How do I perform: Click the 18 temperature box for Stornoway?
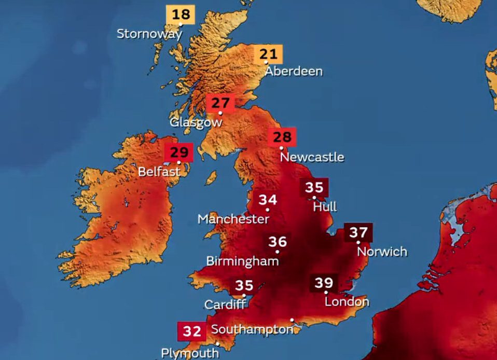[x=180, y=14]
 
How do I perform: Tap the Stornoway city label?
[x=149, y=34]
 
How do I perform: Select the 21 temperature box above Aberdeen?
[x=268, y=53]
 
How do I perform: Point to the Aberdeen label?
[x=294, y=72]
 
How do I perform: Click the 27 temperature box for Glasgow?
[x=220, y=103]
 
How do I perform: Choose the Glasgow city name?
[x=196, y=123]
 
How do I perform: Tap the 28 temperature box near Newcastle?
[x=282, y=137]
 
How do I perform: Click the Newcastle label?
[x=311, y=157]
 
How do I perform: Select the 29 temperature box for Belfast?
[x=178, y=153]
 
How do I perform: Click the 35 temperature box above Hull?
[x=314, y=187]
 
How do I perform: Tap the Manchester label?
[x=233, y=219]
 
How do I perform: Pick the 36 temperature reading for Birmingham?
[x=278, y=242]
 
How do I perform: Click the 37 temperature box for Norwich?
[x=358, y=232]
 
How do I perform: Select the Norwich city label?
[x=382, y=252]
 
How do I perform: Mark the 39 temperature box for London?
[x=324, y=283]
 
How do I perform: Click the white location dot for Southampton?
[x=292, y=320]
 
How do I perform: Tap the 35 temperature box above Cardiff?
[x=244, y=285]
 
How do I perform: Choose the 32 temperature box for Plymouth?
[x=191, y=331]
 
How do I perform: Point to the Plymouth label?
[x=189, y=353]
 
